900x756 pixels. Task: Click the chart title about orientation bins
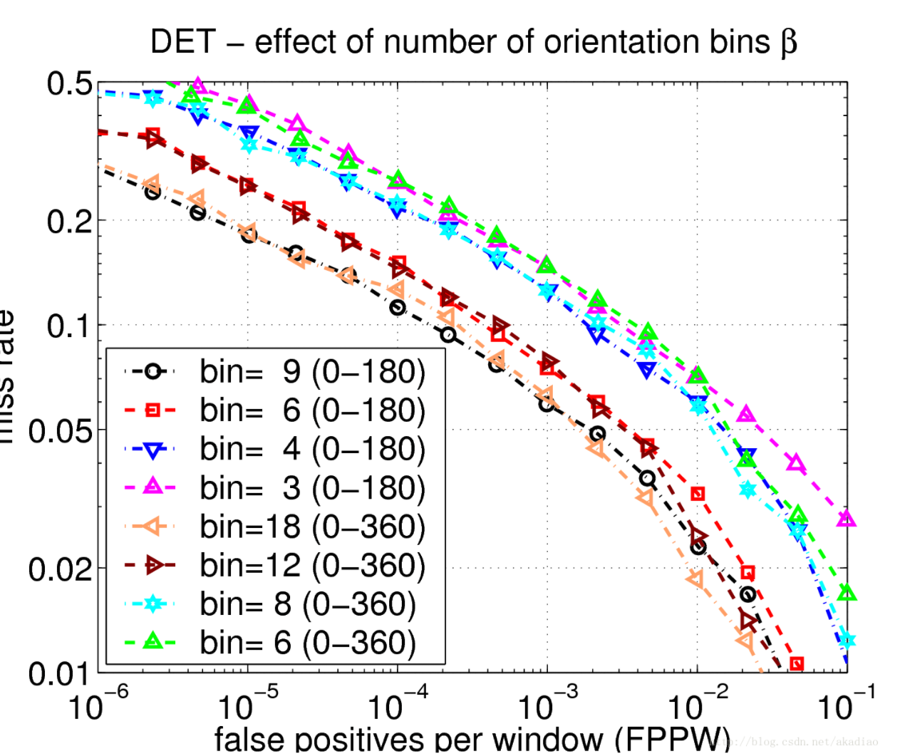[x=473, y=42]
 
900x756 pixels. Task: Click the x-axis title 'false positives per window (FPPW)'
[x=472, y=740]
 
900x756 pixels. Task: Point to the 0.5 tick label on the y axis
[x=69, y=84]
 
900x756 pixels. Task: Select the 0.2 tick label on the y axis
[x=69, y=222]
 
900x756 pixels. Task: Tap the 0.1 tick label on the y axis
[x=69, y=326]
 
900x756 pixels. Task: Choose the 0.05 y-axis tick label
[x=61, y=431]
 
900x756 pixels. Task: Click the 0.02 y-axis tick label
[x=61, y=569]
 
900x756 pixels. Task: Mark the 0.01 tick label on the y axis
[x=61, y=674]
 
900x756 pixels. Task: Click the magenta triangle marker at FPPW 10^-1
[x=846, y=519]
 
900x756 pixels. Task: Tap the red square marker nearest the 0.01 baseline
[x=797, y=664]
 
